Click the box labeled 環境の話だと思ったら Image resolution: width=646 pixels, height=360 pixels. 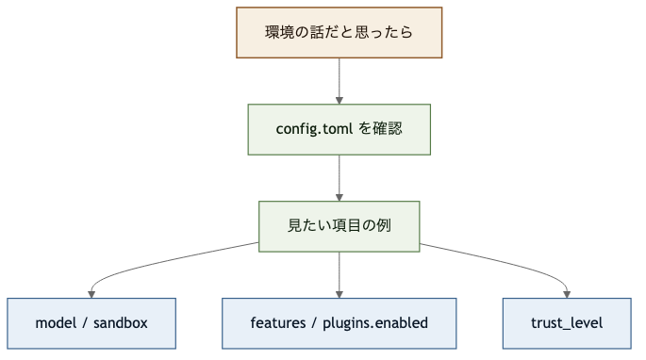tap(339, 32)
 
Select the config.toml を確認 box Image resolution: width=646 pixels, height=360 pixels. tap(339, 129)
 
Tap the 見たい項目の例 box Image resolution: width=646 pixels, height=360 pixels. tap(339, 226)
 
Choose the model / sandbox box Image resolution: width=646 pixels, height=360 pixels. tap(91, 323)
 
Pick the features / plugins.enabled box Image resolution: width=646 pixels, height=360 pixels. tap(339, 323)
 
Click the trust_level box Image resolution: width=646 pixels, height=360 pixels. tap(567, 323)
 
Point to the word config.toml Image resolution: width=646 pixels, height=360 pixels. tap(314, 129)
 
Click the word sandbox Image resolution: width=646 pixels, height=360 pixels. tap(122, 323)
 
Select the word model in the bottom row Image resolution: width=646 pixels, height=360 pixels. tap(55, 323)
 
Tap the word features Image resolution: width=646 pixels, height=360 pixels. tap(278, 323)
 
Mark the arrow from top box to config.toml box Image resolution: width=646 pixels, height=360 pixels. tap(339, 79)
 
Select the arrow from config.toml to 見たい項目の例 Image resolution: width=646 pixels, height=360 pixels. tap(339, 176)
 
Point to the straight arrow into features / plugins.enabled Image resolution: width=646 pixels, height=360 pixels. tap(339, 273)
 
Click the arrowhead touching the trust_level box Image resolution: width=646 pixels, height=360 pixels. tap(567, 293)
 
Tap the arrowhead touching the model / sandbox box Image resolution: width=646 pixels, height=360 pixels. tap(91, 293)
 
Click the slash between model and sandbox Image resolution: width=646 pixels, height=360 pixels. tap(85, 323)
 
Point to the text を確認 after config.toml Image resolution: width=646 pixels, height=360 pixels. tap(381, 129)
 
